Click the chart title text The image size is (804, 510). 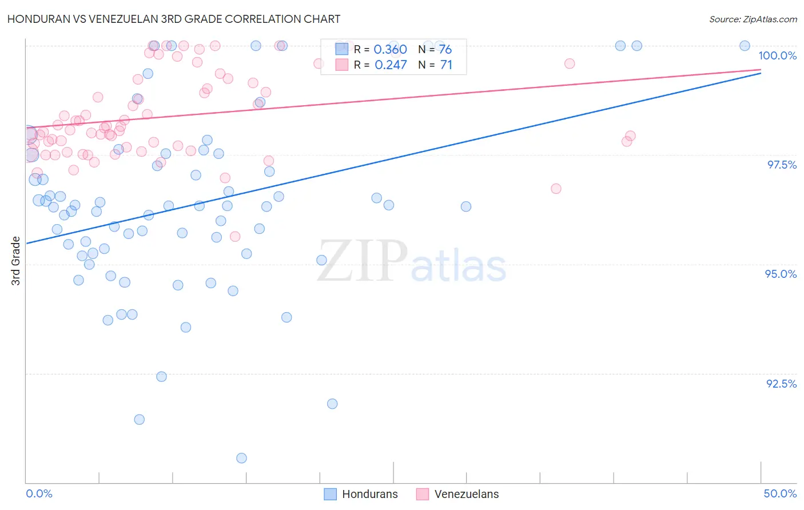[174, 19]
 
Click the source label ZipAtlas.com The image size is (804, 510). [753, 19]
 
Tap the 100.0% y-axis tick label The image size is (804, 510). [777, 55]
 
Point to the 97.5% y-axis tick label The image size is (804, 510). [782, 165]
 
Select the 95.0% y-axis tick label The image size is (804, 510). [781, 274]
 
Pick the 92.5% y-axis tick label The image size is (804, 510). [781, 384]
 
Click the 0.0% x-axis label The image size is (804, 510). [39, 493]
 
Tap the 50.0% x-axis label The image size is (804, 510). [780, 493]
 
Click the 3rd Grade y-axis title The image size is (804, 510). [16, 261]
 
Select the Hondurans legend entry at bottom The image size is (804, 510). [361, 494]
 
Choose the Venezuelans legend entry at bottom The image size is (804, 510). [457, 494]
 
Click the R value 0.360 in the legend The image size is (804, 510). [390, 50]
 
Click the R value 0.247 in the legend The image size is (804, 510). [390, 65]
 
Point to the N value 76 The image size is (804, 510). [445, 50]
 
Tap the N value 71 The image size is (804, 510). [446, 65]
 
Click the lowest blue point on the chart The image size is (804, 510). [241, 458]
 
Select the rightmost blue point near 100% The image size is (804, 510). [745, 46]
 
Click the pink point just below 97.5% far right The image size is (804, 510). [556, 189]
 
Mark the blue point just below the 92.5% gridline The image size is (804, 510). [161, 377]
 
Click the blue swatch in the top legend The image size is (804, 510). [341, 49]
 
